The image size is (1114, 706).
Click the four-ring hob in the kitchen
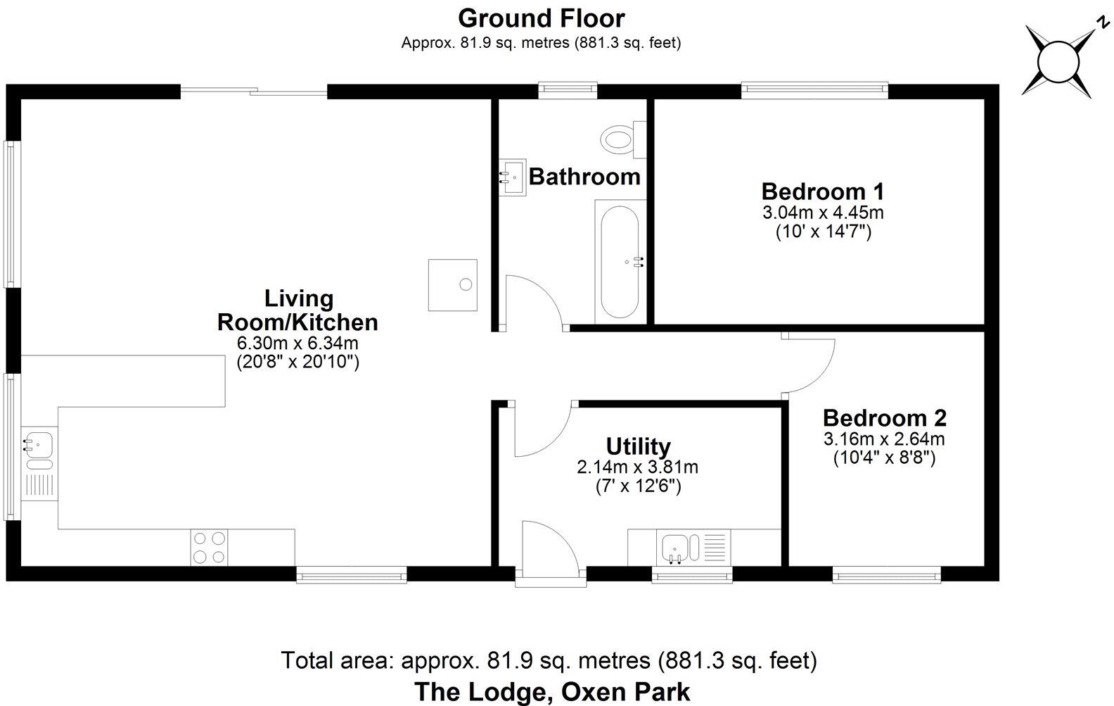pyautogui.click(x=210, y=547)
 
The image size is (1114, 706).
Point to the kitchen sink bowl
pyautogui.click(x=39, y=444)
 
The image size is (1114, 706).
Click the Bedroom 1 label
pyautogui.click(x=822, y=191)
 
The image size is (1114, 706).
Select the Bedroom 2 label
pyautogui.click(x=884, y=418)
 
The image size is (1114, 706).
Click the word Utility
pyautogui.click(x=638, y=446)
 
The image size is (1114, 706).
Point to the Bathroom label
pyautogui.click(x=584, y=176)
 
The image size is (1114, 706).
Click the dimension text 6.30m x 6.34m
pyautogui.click(x=298, y=343)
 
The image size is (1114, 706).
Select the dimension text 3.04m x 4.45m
pyautogui.click(x=823, y=213)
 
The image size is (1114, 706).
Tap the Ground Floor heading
pyautogui.click(x=541, y=18)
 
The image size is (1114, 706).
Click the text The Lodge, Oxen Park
pyautogui.click(x=552, y=691)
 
